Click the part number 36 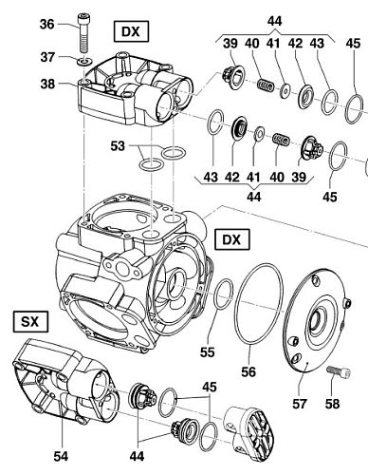click(46, 24)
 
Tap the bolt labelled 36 click(83, 32)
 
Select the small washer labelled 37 click(84, 60)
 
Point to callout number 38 click(47, 84)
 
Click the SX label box click(30, 322)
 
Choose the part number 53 click(118, 146)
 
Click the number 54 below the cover click(61, 456)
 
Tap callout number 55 click(208, 351)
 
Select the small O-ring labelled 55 click(224, 294)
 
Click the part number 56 click(248, 371)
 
